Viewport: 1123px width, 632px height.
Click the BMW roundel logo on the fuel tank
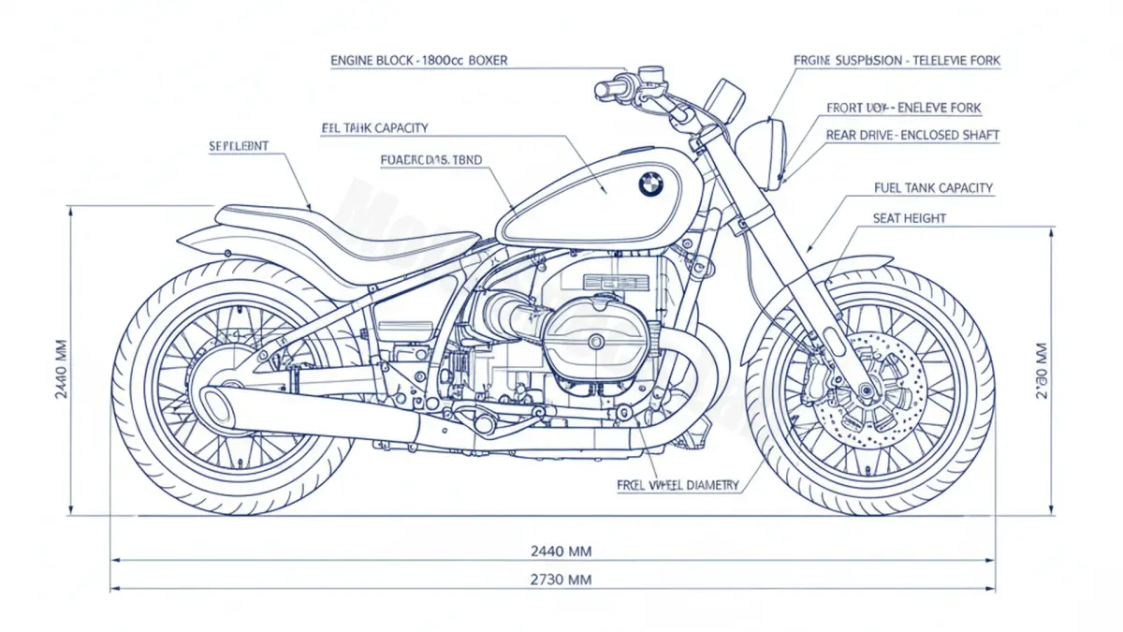(x=650, y=184)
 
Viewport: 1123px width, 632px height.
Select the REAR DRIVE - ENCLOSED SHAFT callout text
(x=912, y=136)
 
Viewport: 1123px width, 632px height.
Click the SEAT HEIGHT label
(x=909, y=218)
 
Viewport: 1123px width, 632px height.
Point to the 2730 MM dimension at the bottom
(x=561, y=580)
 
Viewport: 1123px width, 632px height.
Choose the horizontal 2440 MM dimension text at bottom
(x=561, y=551)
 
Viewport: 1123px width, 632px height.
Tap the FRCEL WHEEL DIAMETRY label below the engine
(x=678, y=485)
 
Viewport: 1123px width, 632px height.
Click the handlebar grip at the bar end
(x=609, y=90)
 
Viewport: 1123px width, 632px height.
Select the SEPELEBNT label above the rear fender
(x=239, y=146)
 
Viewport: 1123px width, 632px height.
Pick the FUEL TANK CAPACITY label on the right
(x=933, y=188)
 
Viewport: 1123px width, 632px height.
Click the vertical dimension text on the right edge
(x=1042, y=370)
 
